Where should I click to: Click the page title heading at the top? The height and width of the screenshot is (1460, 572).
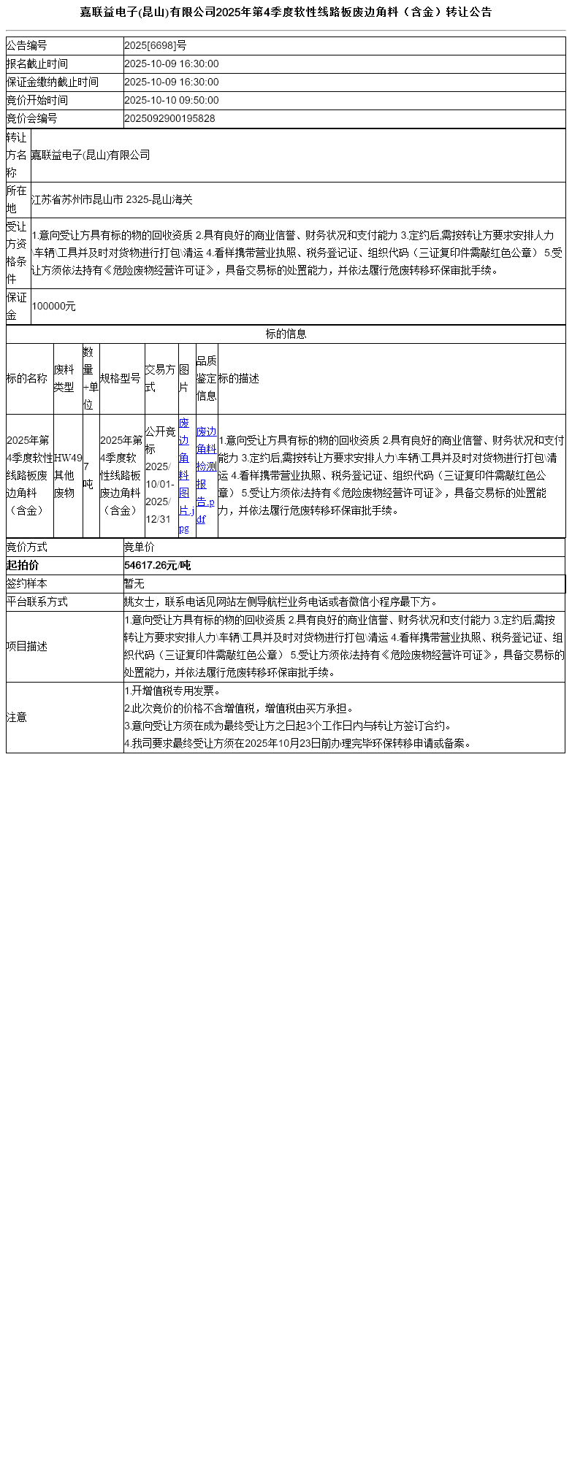click(286, 12)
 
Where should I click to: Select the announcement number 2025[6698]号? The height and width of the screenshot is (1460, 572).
click(155, 46)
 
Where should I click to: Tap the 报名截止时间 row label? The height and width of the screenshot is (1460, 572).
click(37, 64)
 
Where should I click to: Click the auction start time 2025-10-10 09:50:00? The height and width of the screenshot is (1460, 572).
click(172, 101)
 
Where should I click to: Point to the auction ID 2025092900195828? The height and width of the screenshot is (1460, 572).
click(169, 119)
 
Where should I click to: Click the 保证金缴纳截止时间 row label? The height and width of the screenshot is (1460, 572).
click(53, 82)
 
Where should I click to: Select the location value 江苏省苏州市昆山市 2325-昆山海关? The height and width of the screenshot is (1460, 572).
click(112, 199)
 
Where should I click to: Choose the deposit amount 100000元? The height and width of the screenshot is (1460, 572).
click(53, 307)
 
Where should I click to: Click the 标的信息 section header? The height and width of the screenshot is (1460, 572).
click(286, 334)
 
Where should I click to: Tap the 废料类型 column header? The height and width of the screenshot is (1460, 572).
click(64, 378)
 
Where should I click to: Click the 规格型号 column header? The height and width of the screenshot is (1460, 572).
click(121, 378)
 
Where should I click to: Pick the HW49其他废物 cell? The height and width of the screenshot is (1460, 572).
click(68, 475)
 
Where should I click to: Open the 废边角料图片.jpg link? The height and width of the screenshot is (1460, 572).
click(186, 475)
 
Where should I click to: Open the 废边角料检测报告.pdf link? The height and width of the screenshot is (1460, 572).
click(206, 475)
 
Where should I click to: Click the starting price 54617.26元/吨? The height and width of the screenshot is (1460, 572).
click(157, 566)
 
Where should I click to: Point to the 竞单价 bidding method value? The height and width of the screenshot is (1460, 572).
click(139, 547)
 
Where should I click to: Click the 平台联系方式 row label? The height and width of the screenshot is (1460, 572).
click(37, 602)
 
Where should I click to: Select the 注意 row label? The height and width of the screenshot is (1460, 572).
click(17, 718)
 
